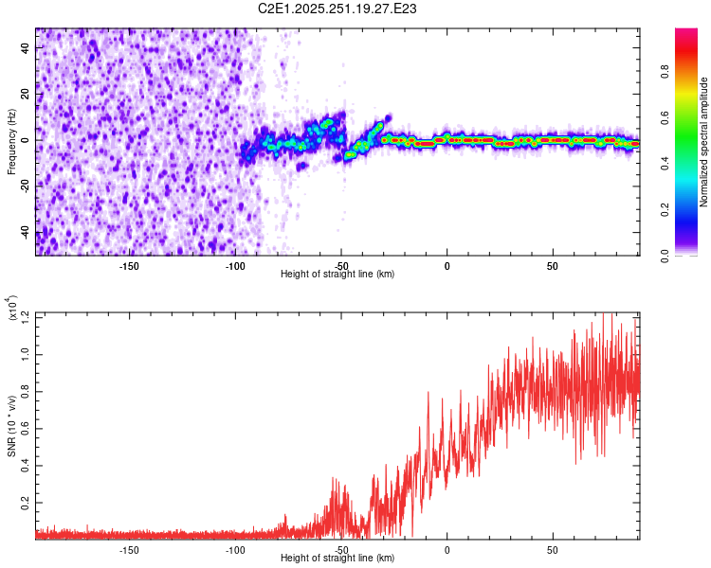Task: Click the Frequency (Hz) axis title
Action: (x=12, y=141)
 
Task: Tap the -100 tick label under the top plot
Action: (x=235, y=265)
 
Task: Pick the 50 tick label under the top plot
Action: (x=552, y=265)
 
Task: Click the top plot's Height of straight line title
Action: (x=337, y=275)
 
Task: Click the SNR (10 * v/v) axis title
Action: (x=12, y=426)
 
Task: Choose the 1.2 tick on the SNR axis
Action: (x=26, y=314)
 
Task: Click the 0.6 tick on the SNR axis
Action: (x=26, y=429)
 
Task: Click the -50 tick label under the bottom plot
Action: (x=341, y=549)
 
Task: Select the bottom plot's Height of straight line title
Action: (x=337, y=559)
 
